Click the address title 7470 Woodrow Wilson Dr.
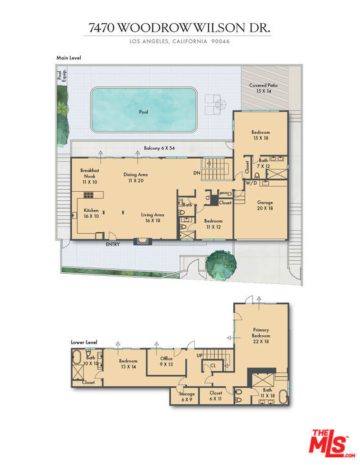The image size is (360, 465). pos(180,28)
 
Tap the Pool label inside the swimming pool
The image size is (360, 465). pos(143,112)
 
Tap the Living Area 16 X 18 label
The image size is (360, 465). pos(153,218)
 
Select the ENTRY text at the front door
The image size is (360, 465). pos(112,244)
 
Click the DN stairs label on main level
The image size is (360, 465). pos(196,173)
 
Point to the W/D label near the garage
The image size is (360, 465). pos(249,183)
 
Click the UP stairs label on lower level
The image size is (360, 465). pos(199,356)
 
